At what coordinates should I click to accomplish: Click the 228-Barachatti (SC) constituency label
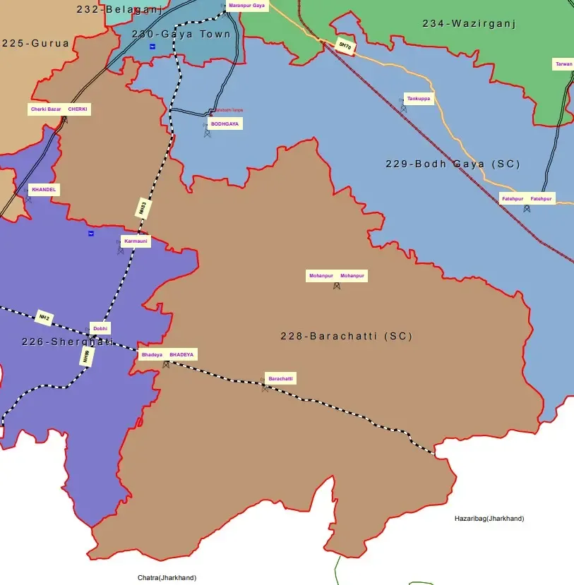(346, 337)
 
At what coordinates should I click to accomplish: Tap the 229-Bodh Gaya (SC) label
(453, 164)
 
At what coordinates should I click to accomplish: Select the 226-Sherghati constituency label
(68, 342)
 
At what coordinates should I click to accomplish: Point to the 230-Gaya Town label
(181, 34)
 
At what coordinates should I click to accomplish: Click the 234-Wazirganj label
(470, 23)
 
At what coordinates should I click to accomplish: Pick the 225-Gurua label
(35, 43)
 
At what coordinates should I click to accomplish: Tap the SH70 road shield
(345, 45)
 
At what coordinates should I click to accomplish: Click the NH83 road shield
(142, 207)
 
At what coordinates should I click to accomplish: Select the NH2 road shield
(44, 318)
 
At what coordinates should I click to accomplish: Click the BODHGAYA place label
(225, 123)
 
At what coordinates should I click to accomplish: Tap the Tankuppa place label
(419, 99)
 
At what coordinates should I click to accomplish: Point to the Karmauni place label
(136, 241)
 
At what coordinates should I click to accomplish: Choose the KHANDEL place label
(44, 190)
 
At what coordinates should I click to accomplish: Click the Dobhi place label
(100, 328)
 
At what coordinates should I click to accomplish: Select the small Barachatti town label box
(280, 379)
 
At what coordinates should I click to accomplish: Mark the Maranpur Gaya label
(246, 6)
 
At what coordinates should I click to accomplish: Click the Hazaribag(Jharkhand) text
(489, 518)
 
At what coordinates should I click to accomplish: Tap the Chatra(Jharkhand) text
(167, 578)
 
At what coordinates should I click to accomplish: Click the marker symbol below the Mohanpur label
(337, 286)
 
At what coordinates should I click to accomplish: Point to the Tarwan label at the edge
(563, 64)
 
